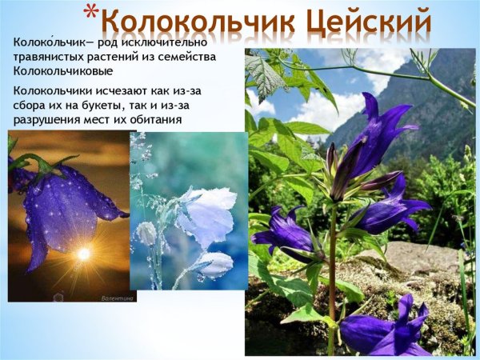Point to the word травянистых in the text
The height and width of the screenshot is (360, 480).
tap(54, 57)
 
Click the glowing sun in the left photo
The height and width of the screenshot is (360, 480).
tap(83, 254)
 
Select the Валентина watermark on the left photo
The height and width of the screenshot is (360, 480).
tap(118, 296)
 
